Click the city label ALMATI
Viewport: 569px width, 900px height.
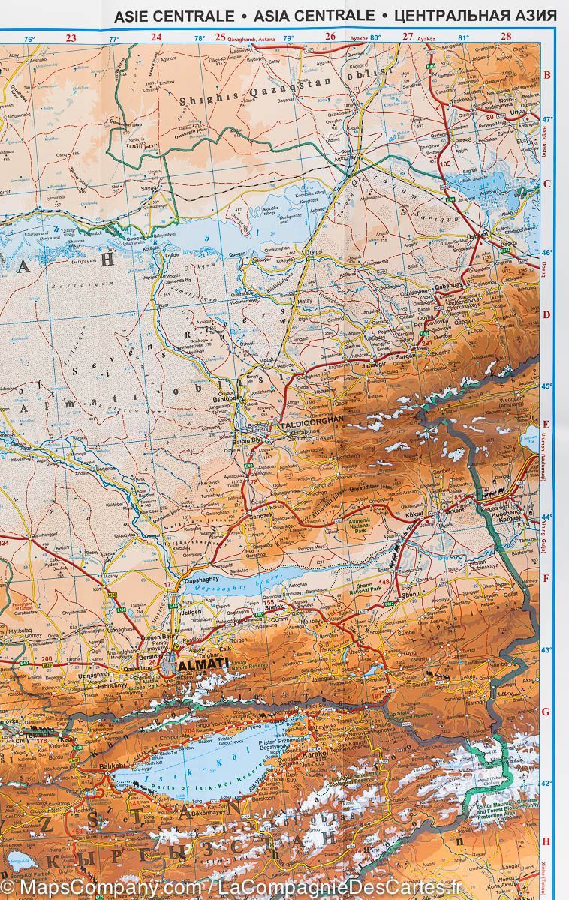pyautogui.click(x=203, y=663)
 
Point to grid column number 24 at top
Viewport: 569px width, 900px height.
pyautogui.click(x=156, y=36)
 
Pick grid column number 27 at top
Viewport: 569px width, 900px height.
pyautogui.click(x=408, y=36)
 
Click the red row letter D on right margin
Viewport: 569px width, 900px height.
pyautogui.click(x=546, y=315)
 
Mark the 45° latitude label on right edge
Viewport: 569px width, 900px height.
pyautogui.click(x=547, y=386)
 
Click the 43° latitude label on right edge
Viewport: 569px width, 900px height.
pyautogui.click(x=547, y=650)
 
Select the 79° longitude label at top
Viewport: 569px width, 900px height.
pyautogui.click(x=288, y=38)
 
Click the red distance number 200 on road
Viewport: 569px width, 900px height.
pyautogui.click(x=47, y=658)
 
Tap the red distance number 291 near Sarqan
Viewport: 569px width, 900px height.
pyautogui.click(x=427, y=343)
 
